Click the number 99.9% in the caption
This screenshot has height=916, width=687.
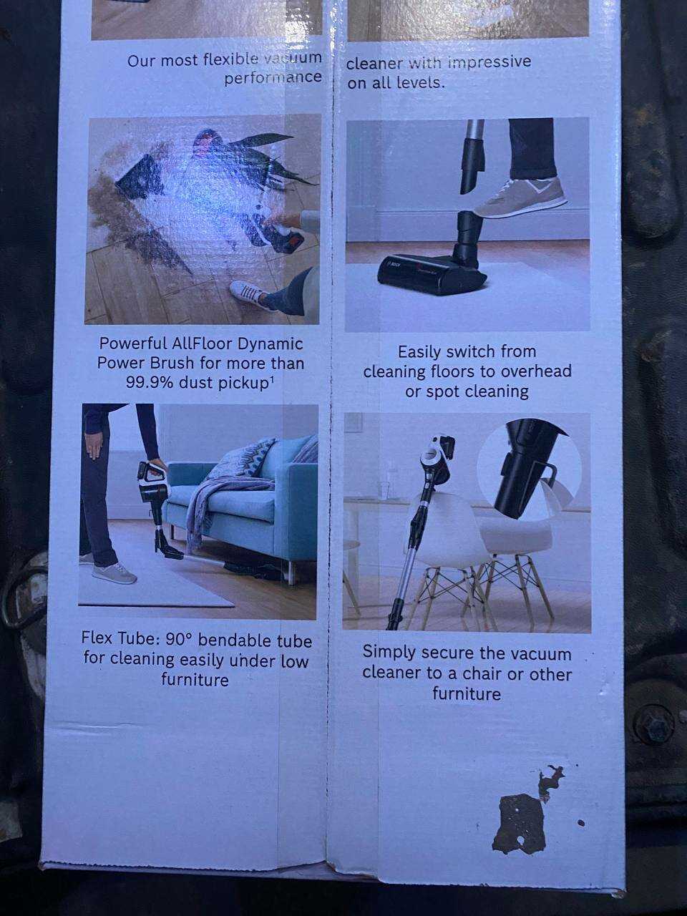tap(150, 383)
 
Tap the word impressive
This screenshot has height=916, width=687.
tap(489, 62)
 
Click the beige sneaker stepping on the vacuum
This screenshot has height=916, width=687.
tap(520, 198)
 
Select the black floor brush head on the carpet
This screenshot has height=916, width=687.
tap(432, 270)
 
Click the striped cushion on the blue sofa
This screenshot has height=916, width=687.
tap(255, 457)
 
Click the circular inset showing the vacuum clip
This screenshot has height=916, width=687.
tap(530, 472)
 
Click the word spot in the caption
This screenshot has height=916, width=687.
tap(444, 391)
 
